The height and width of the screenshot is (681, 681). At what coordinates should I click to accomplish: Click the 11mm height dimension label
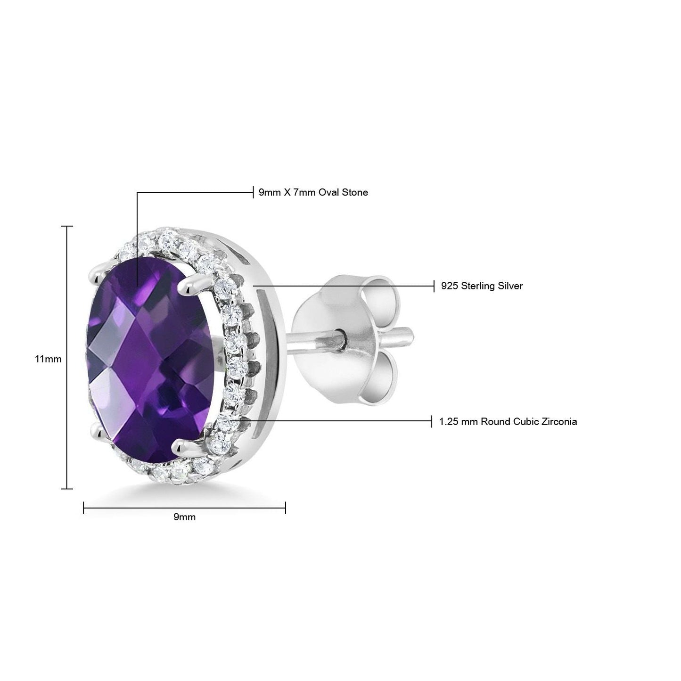48,359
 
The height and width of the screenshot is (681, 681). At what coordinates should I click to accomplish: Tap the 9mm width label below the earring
184,517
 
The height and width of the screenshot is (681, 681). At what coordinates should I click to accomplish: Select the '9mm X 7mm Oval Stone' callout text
313,192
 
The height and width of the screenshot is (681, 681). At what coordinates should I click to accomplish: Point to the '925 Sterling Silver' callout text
482,286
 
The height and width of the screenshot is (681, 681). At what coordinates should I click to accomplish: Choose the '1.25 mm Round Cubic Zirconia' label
508,421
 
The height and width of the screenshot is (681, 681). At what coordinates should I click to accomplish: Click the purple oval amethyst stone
151,358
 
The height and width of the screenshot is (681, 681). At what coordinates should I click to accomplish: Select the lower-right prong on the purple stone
182,444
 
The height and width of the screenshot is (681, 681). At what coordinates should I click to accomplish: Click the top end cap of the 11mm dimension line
67,227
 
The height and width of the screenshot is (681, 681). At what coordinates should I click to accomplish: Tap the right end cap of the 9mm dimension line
286,508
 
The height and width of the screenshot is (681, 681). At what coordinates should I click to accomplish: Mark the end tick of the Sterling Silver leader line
434,286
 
